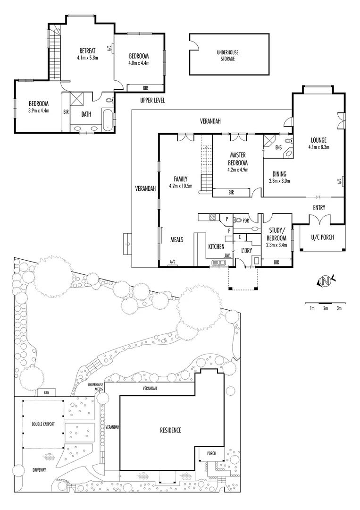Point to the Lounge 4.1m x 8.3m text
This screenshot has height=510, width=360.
click(x=319, y=143)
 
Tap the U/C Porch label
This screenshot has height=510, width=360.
click(x=323, y=237)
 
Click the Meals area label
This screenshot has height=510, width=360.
click(x=176, y=240)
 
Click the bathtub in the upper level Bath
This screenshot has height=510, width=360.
click(x=108, y=119)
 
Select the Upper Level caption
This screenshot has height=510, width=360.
click(x=152, y=101)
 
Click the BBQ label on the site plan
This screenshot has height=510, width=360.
click(x=46, y=392)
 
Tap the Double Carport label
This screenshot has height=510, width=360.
click(x=43, y=424)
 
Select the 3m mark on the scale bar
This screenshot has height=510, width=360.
click(x=339, y=308)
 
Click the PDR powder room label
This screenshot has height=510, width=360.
click(x=245, y=220)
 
